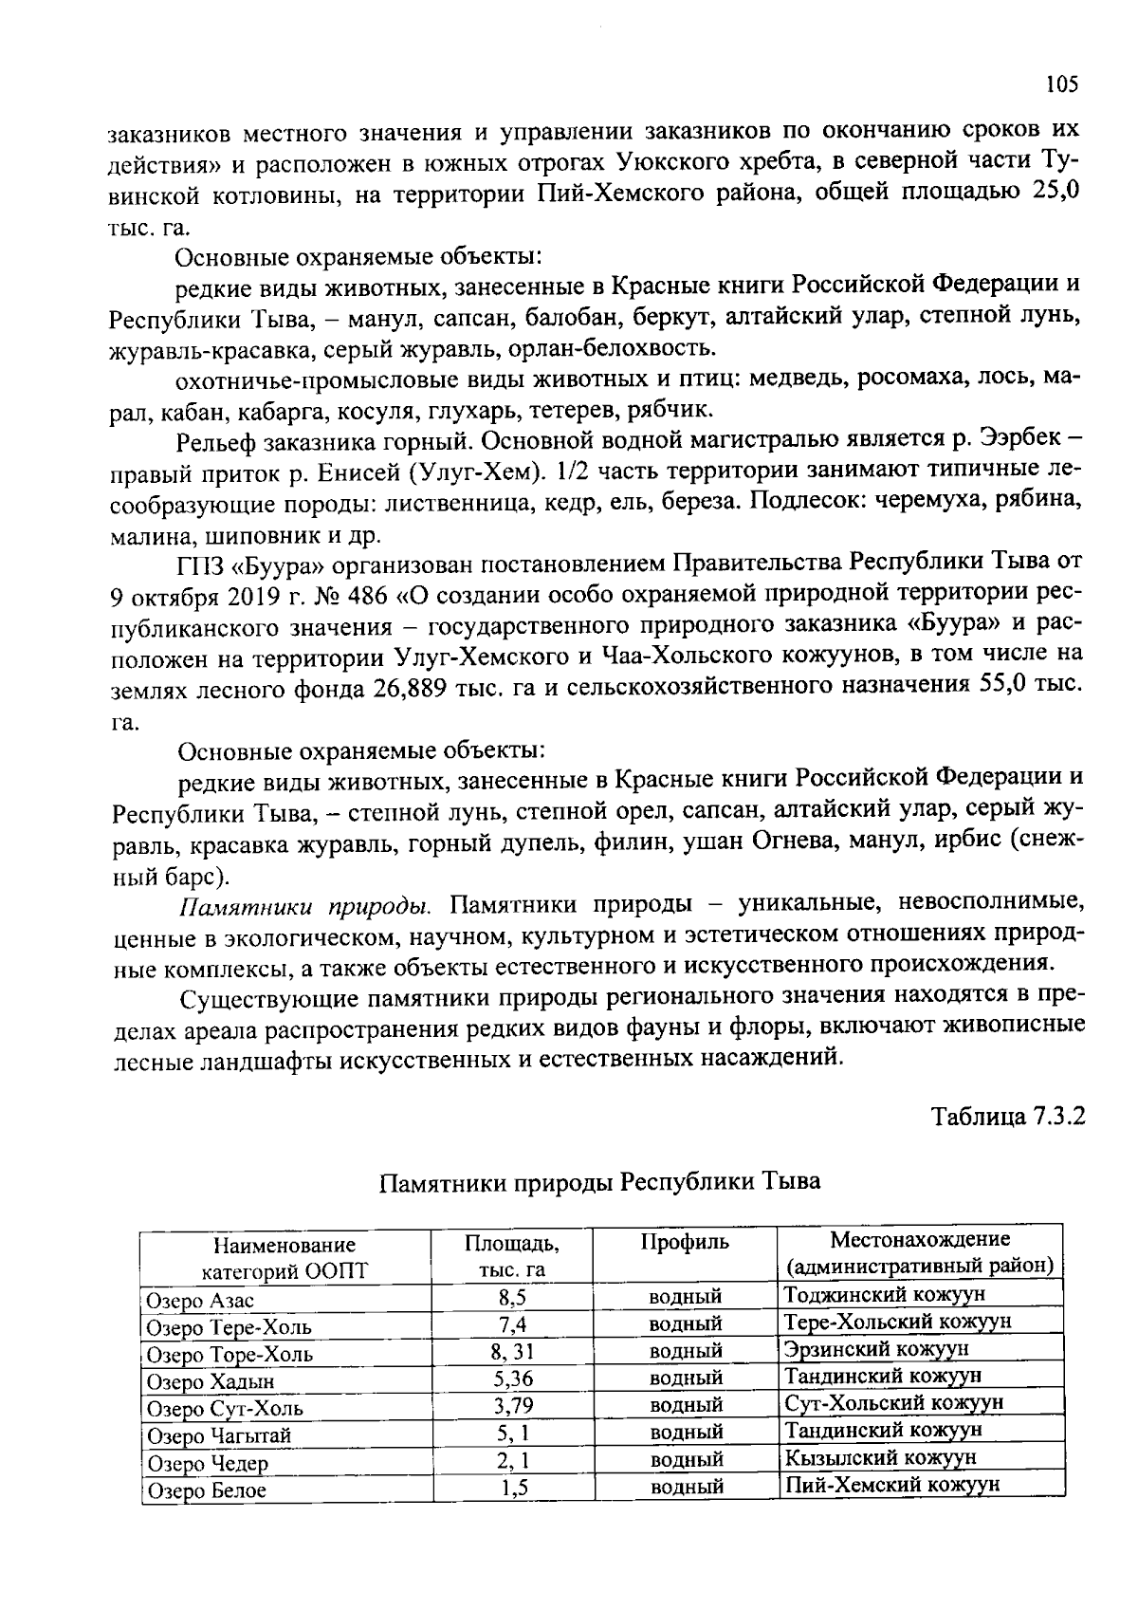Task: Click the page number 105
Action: coord(1061,84)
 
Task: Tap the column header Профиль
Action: coord(685,1242)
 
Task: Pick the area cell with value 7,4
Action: coord(512,1324)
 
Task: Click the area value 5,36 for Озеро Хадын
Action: coord(512,1379)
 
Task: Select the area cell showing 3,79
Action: coord(512,1405)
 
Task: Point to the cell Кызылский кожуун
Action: coord(880,1457)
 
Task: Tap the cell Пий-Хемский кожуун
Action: coord(891,1484)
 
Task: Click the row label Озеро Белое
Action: coord(206,1490)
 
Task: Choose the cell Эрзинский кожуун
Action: coord(876,1349)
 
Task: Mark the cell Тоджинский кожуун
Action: coord(885,1294)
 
